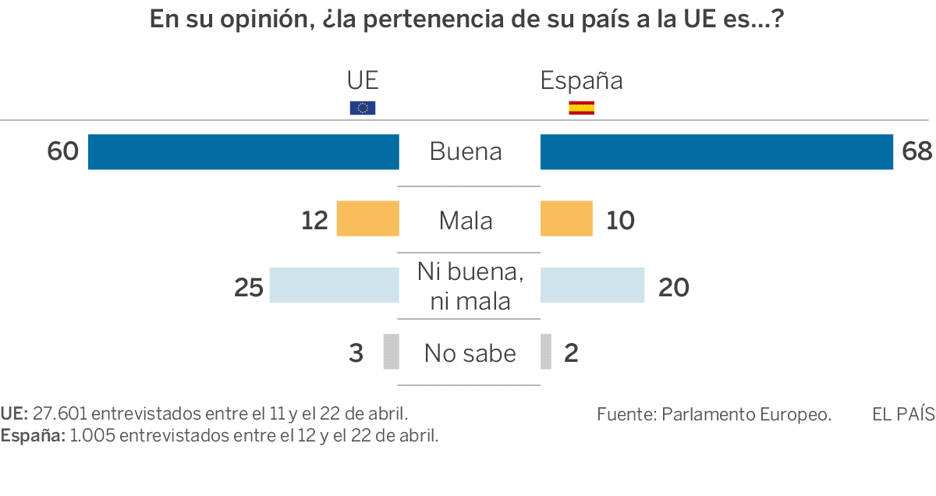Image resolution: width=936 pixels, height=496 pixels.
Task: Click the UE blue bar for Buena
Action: click(243, 152)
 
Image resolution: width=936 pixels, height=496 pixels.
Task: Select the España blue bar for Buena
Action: click(716, 152)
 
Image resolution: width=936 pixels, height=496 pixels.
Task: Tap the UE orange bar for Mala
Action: click(367, 218)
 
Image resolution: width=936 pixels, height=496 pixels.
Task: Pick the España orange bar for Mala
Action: click(566, 218)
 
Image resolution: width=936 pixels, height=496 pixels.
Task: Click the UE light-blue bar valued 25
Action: click(334, 285)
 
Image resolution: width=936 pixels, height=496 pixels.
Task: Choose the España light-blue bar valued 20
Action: click(592, 285)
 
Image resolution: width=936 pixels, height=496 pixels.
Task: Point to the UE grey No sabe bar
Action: click(391, 352)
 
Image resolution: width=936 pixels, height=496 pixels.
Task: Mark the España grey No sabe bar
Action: click(545, 352)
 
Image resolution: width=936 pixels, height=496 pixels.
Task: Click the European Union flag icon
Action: click(363, 108)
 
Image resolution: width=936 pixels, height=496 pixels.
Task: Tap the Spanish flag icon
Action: click(581, 108)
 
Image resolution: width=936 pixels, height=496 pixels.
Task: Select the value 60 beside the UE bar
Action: click(63, 151)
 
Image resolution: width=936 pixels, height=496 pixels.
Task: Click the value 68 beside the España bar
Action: click(916, 151)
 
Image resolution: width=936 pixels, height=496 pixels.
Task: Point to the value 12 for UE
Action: click(315, 221)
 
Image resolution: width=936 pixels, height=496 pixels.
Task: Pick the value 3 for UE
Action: click(356, 353)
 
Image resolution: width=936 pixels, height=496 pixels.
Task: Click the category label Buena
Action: click(466, 151)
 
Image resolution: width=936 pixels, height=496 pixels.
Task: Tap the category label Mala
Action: click(466, 221)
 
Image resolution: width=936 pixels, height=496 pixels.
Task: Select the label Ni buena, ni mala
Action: click(469, 286)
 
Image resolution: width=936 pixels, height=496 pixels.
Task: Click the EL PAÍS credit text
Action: click(903, 414)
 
